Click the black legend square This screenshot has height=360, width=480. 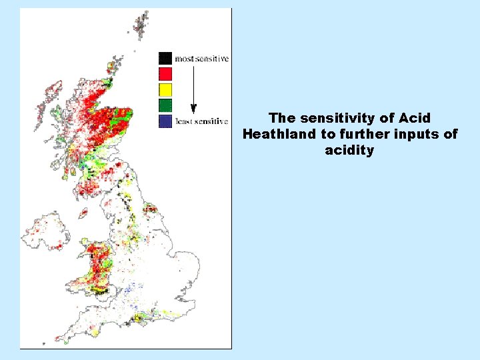coord(165,58)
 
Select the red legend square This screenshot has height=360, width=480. coord(165,73)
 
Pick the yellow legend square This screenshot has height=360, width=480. coord(165,89)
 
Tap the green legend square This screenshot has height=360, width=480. coord(165,105)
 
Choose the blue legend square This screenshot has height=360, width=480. coord(165,121)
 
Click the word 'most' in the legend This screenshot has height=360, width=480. coord(185,59)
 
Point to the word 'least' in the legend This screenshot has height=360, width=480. coord(185,121)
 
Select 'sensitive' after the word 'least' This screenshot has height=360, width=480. coord(213,121)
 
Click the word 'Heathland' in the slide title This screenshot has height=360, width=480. coord(275,134)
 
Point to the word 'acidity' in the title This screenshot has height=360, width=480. coord(349,150)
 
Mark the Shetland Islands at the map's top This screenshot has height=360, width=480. coord(141,24)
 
